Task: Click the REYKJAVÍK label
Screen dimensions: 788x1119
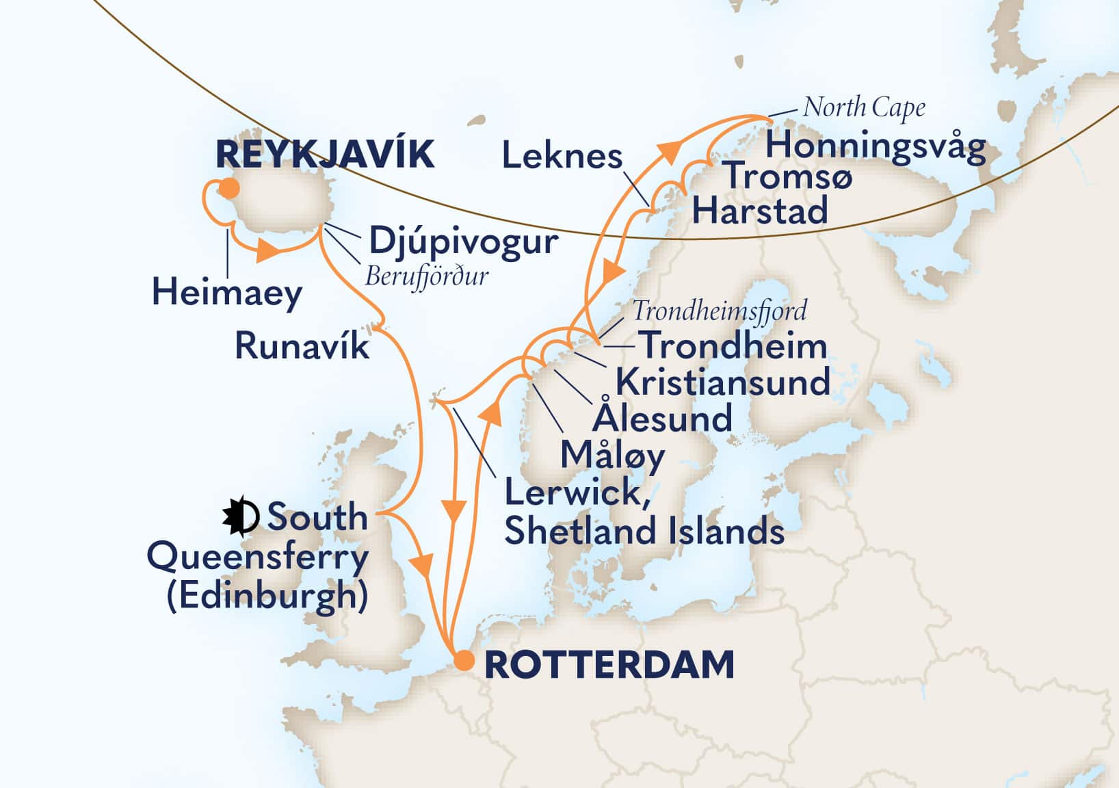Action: point(324,155)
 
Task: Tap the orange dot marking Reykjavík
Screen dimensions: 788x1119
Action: point(230,188)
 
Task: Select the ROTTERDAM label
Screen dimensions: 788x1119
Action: point(609,665)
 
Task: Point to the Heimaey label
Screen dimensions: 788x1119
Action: point(226,293)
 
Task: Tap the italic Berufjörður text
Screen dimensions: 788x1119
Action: point(427,276)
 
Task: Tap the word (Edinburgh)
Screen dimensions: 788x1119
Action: point(267,596)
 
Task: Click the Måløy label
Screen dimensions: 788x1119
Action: point(612,456)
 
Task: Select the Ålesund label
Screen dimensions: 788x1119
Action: point(662,418)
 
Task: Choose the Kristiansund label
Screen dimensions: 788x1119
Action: point(722,382)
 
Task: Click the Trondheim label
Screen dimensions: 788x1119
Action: point(733,345)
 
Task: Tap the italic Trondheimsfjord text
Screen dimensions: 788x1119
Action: point(719,311)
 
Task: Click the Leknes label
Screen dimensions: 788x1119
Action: point(562,157)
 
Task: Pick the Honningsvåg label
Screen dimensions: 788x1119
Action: point(875,146)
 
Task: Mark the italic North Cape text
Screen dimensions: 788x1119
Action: point(864,107)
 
